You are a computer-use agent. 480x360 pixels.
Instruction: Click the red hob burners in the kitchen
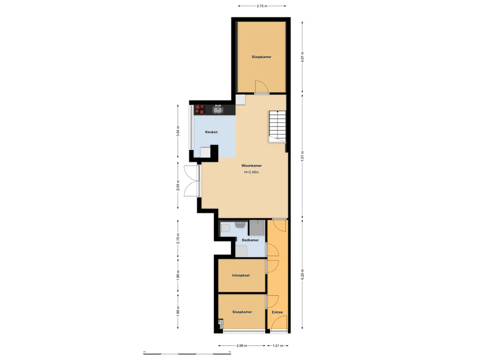click(201, 109)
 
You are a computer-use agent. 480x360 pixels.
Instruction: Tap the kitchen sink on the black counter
click(218, 110)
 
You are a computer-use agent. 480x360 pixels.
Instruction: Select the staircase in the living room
click(277, 126)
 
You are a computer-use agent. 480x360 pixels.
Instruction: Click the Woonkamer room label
click(251, 165)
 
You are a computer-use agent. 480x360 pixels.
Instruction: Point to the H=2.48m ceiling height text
click(251, 172)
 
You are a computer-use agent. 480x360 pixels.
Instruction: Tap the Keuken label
click(211, 132)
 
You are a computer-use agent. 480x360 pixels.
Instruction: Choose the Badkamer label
click(250, 240)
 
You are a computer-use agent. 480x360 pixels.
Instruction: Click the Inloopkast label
click(240, 276)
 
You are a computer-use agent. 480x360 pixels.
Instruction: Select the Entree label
click(277, 312)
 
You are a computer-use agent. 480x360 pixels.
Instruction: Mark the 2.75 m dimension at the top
click(262, 6)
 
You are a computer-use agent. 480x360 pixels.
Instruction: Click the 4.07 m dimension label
click(302, 57)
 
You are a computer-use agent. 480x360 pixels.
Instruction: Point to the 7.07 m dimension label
click(302, 155)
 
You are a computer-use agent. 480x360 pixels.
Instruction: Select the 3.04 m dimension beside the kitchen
click(178, 131)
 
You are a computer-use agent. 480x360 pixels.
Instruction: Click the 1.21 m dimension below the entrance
click(278, 346)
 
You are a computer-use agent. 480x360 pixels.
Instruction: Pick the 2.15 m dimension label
click(178, 239)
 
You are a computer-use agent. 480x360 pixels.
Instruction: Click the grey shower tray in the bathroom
click(257, 227)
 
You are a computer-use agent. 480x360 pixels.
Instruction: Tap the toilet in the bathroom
click(225, 228)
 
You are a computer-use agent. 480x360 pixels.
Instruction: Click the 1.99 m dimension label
click(178, 311)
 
